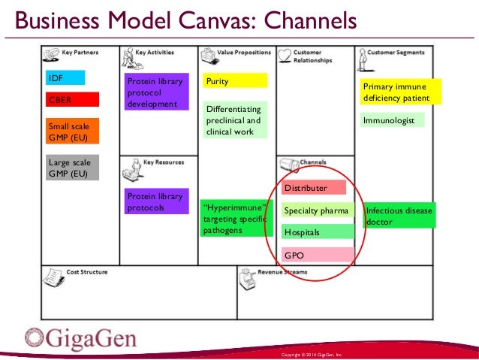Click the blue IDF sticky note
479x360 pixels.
[65, 77]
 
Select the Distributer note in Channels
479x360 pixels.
[313, 187]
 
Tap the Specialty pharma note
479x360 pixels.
[317, 210]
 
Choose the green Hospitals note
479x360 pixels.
[317, 232]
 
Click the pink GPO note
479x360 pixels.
[317, 255]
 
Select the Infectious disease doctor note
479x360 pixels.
[399, 216]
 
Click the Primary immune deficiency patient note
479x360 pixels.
[396, 92]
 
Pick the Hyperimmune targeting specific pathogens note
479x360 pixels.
[233, 218]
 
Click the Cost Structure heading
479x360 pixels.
[86, 271]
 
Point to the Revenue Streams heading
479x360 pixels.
[282, 271]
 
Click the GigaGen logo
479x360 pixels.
[80, 337]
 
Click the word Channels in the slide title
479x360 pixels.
[309, 18]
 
